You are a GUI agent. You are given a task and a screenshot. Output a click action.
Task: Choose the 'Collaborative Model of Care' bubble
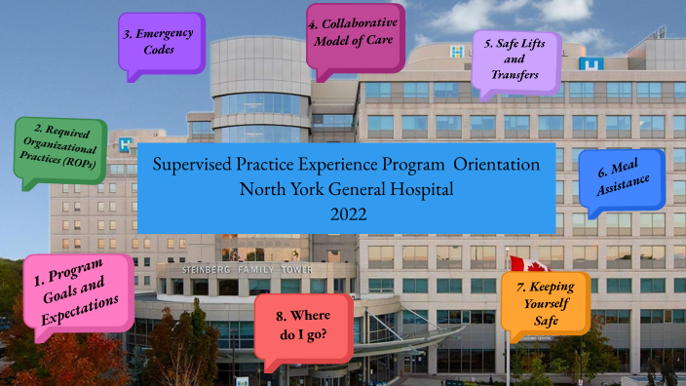[356, 36]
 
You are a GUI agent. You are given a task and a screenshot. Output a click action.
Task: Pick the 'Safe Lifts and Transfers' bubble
[515, 60]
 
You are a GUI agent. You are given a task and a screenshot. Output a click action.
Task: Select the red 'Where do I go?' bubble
[302, 326]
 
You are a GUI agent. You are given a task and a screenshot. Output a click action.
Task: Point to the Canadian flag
[517, 265]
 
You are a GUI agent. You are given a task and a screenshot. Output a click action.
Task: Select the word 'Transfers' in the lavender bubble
[516, 74]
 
